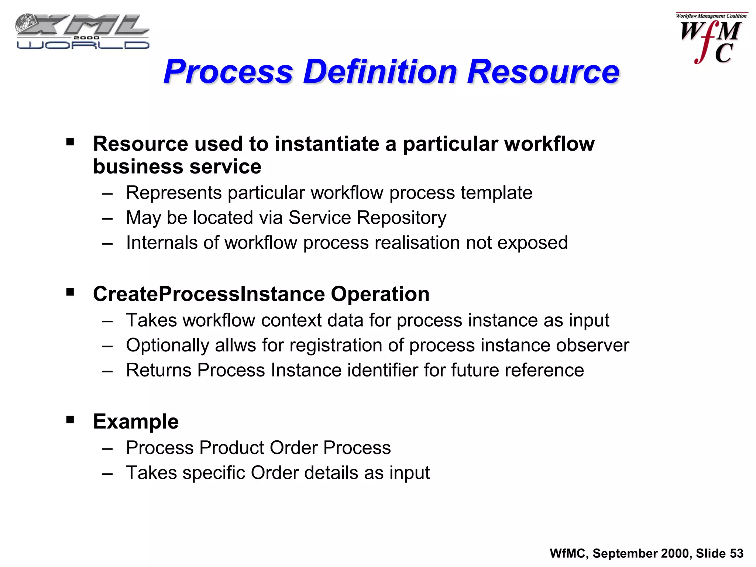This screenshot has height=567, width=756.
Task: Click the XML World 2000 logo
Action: (x=82, y=32)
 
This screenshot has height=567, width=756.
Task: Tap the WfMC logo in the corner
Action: (x=711, y=38)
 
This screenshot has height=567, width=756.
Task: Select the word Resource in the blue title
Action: (x=543, y=72)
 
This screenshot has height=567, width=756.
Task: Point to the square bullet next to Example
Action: (x=70, y=420)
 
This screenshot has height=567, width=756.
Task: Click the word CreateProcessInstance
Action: (x=209, y=294)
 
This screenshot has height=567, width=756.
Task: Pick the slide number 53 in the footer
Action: (x=736, y=553)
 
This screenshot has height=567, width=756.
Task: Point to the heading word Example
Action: (x=136, y=422)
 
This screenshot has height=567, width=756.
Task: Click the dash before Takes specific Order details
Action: (x=107, y=473)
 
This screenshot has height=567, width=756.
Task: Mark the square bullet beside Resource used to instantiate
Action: (x=70, y=142)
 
